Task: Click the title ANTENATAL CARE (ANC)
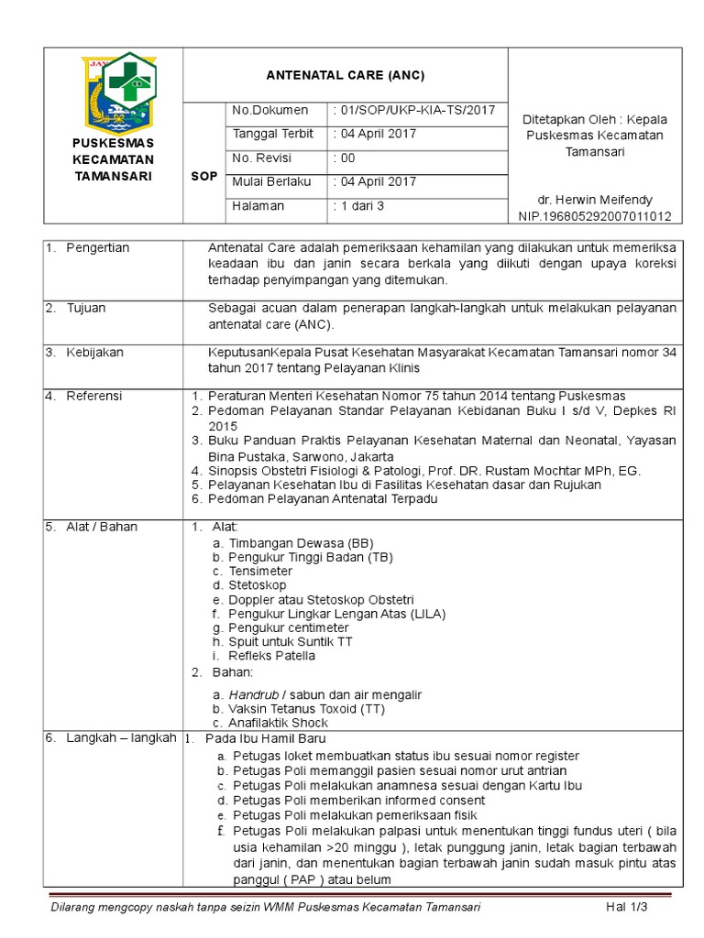pos(345,75)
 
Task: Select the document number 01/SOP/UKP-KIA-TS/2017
pos(415,110)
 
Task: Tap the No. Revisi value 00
pos(345,158)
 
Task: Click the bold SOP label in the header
pos(204,176)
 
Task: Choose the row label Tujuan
pos(86,309)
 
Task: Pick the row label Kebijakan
pos(94,352)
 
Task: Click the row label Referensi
pos(94,396)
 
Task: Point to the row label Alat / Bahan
pos(101,527)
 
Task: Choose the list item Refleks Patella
pos(272,656)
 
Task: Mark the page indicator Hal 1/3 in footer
pos(627,907)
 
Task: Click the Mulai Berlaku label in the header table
pos(272,181)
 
